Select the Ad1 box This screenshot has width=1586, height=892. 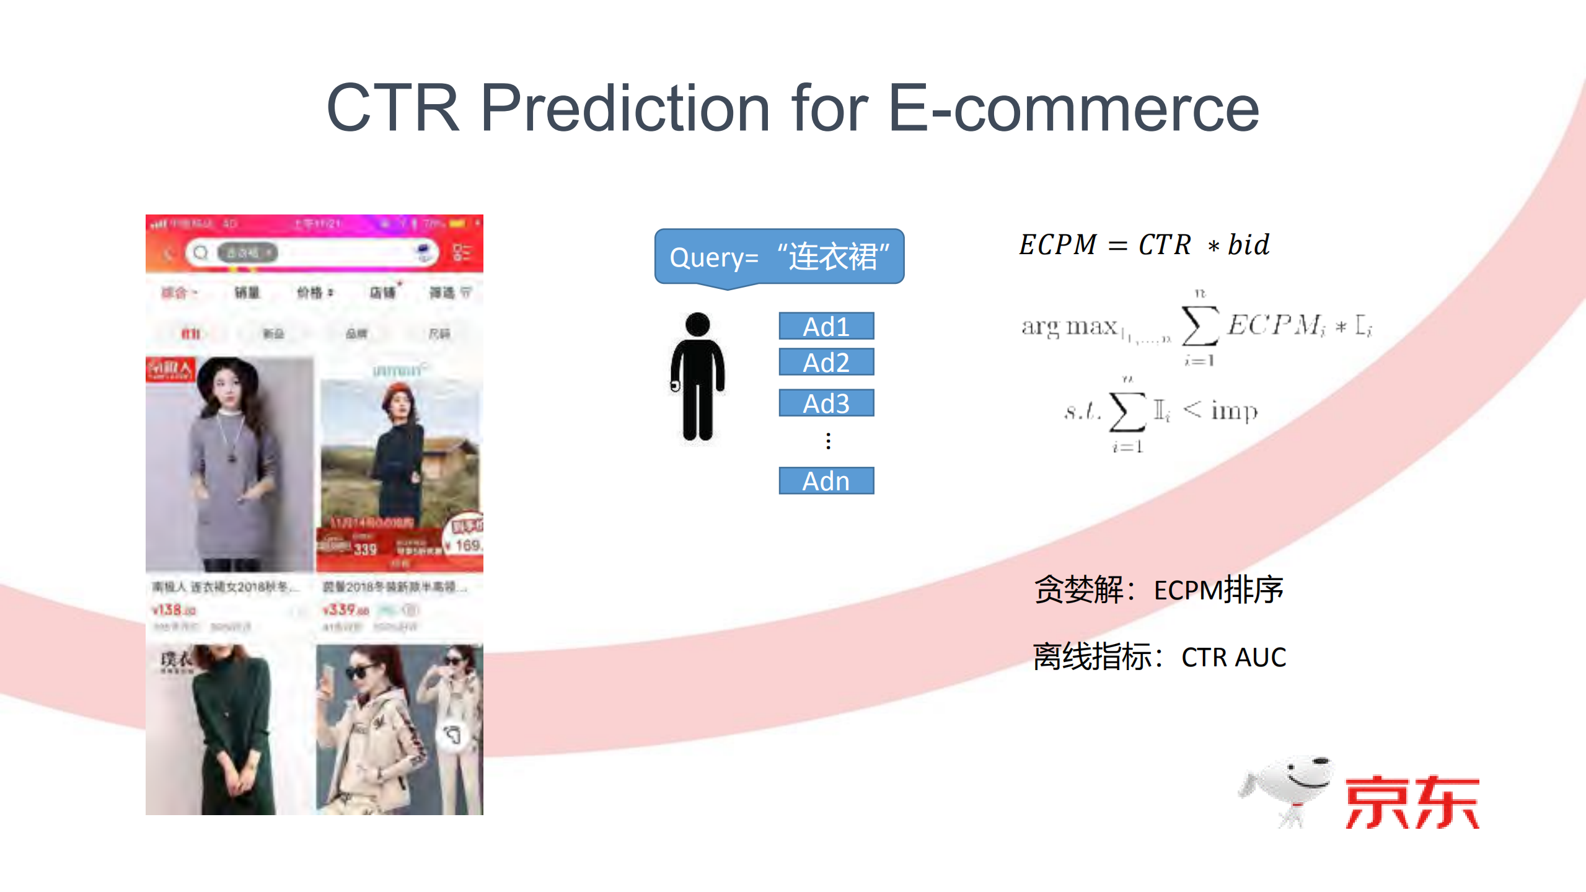(x=826, y=326)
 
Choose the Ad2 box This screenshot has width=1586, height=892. (x=826, y=362)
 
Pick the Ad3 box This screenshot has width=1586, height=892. (x=826, y=403)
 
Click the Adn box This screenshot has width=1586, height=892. (x=826, y=480)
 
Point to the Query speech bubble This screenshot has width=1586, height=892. (x=779, y=257)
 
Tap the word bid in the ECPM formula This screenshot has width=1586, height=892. (x=1248, y=245)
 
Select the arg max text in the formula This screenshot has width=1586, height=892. (x=1069, y=326)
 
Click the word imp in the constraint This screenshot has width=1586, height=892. (x=1234, y=410)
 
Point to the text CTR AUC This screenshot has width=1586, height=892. (x=1233, y=657)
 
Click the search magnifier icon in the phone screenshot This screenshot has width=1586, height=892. (x=201, y=253)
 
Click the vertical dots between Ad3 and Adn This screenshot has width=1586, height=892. (x=828, y=441)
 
